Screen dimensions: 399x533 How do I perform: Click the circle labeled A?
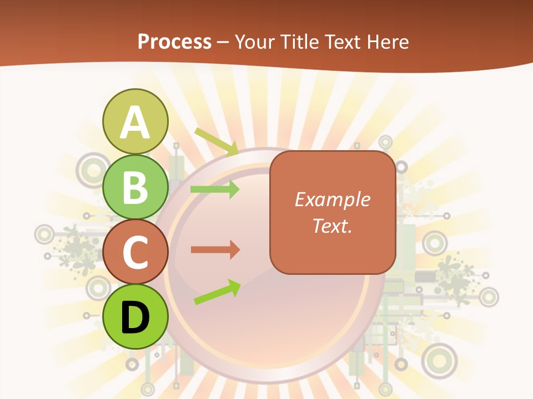coord(135,121)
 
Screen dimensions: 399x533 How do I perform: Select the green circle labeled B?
coord(135,187)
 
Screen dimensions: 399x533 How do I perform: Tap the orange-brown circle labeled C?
coord(135,252)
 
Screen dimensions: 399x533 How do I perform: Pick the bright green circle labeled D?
coord(135,316)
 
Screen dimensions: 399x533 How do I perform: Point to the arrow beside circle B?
coord(215,190)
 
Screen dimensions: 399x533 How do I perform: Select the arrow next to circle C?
coord(215,250)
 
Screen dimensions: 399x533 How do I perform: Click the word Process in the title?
coord(174,42)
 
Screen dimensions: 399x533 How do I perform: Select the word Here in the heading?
coord(387,42)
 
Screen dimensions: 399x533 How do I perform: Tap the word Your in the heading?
coord(254,42)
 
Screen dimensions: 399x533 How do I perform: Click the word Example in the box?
coord(332,199)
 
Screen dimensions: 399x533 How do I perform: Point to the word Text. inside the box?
coord(332,226)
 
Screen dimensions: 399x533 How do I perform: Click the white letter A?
coord(135,122)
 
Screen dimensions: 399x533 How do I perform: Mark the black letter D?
coord(135,318)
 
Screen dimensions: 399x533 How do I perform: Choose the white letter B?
coord(135,188)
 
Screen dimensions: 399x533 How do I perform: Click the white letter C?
coord(135,253)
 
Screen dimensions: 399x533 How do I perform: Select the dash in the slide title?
coord(223,43)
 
